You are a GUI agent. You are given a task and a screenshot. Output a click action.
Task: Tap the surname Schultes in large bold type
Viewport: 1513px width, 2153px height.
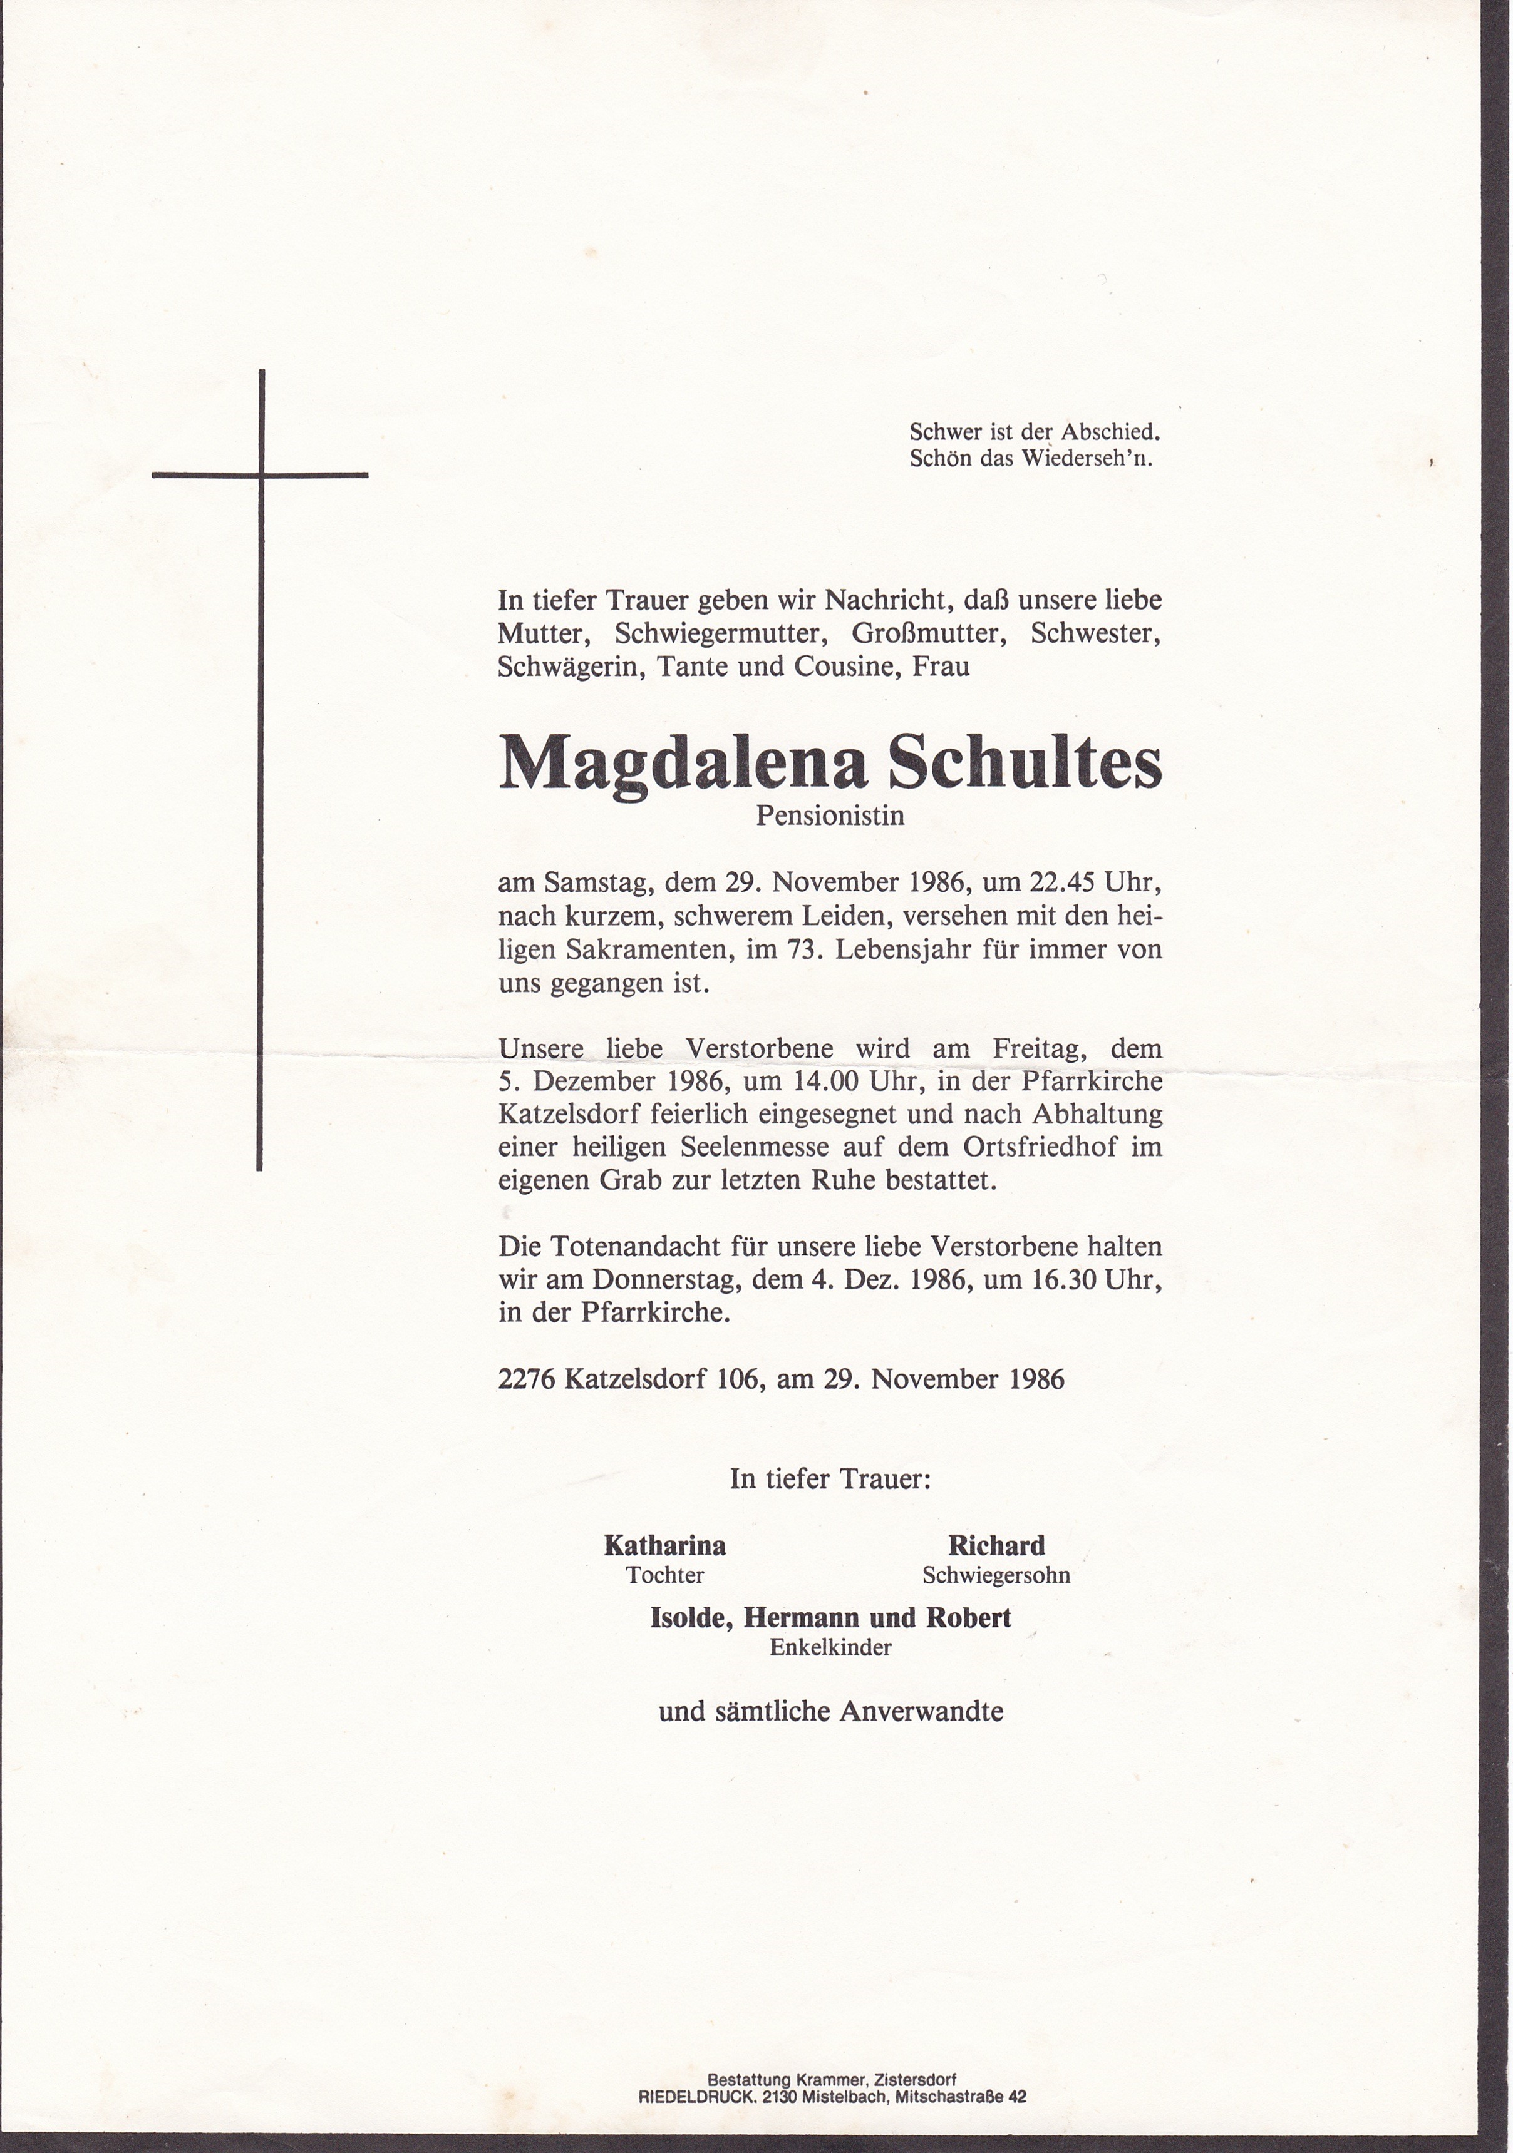1025,762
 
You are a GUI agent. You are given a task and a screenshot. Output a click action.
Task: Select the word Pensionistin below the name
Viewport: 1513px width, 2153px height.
830,816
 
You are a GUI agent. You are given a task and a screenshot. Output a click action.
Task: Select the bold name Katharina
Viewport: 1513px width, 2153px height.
665,1545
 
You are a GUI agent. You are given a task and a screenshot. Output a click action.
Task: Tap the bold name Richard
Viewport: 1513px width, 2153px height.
996,1545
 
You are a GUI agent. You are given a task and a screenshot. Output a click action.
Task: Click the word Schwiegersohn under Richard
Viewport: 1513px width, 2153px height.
996,1575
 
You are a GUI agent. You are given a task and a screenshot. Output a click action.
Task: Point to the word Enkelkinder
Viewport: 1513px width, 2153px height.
831,1647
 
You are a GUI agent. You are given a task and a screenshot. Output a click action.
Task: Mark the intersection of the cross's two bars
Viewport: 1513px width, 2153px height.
260,474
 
